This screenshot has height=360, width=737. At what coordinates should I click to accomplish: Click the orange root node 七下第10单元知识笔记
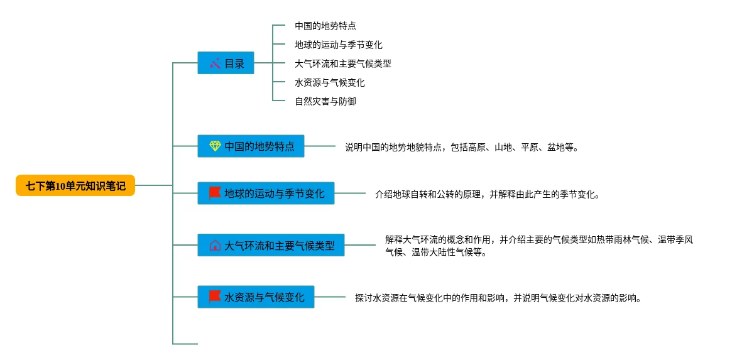click(75, 185)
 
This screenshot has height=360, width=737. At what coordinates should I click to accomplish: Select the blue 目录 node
click(226, 63)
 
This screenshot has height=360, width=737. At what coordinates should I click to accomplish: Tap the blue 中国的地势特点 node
click(251, 146)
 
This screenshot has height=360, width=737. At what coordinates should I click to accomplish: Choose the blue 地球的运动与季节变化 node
click(266, 193)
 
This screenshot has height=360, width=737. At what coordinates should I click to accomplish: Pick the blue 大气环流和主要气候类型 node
click(271, 245)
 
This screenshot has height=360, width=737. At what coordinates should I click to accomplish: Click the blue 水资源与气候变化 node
click(256, 297)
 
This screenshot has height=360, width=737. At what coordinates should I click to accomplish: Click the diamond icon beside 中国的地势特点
click(215, 146)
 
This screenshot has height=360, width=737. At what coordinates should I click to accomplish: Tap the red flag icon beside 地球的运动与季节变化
click(215, 193)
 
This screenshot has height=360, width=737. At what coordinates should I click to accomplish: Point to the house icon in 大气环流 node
click(215, 245)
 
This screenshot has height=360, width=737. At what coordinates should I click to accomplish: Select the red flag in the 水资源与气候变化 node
click(215, 297)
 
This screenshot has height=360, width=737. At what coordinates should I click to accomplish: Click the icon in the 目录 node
click(215, 63)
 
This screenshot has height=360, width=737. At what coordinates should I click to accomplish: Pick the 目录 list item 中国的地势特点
click(325, 26)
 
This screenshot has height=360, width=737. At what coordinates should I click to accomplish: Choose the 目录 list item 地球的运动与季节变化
click(338, 45)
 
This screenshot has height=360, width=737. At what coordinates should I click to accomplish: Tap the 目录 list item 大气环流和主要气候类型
click(342, 63)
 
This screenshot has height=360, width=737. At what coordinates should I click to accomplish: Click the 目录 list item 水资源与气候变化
click(329, 82)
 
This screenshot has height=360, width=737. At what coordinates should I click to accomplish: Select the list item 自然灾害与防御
click(325, 101)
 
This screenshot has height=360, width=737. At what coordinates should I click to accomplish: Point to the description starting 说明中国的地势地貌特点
click(461, 148)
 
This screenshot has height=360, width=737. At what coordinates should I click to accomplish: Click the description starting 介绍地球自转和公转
click(487, 194)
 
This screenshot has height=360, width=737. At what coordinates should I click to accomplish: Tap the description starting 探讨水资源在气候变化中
click(498, 298)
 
